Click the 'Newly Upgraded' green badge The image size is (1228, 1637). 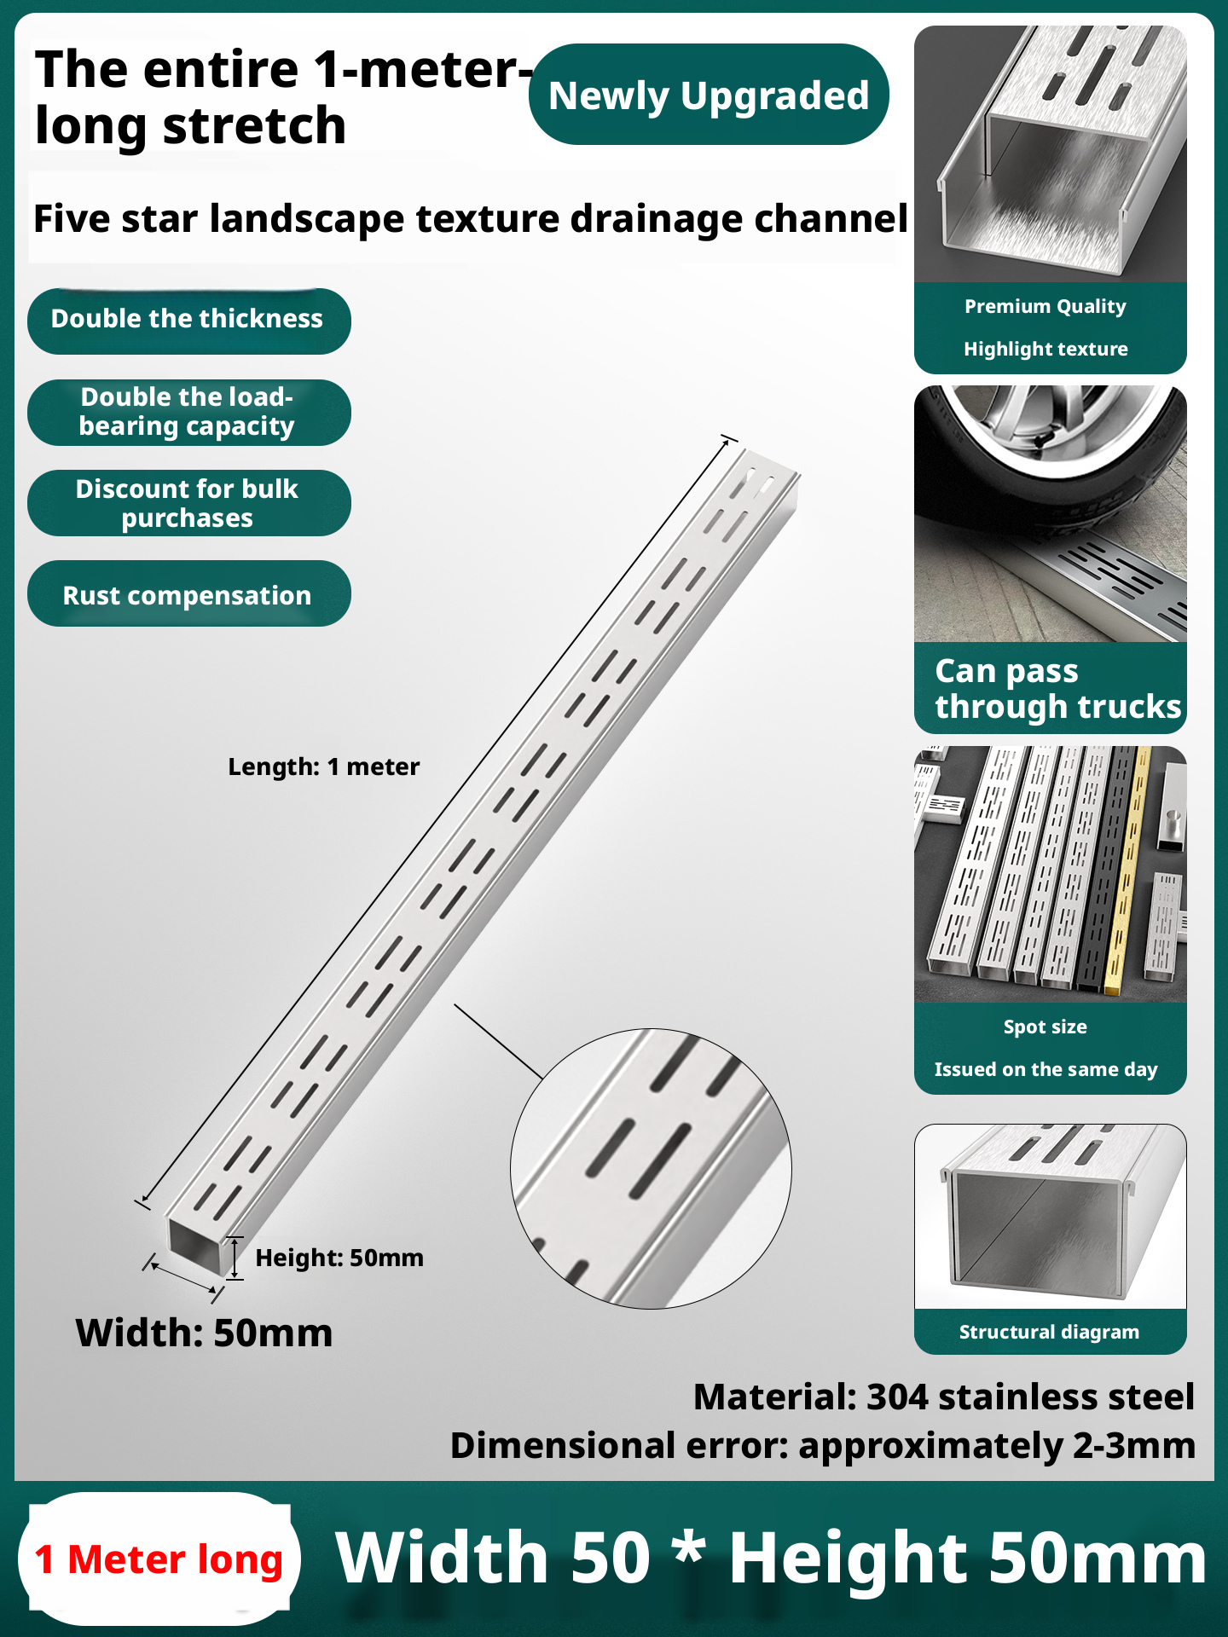(709, 95)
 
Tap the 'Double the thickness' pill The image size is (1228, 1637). (188, 321)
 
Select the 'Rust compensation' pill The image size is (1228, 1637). (188, 593)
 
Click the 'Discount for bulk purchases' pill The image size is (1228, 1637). (188, 503)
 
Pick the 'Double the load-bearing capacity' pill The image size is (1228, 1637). (188, 412)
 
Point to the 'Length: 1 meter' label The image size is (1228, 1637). (323, 766)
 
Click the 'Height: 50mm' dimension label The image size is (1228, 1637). (339, 1258)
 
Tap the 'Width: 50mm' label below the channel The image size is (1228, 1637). (204, 1333)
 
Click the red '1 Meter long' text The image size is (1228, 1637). (159, 1560)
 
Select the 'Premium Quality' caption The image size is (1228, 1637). (1046, 306)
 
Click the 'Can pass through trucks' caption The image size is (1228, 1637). (1057, 689)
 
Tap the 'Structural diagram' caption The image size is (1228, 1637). (1049, 1332)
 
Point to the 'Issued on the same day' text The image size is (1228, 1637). (1046, 1069)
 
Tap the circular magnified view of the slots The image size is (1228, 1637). (651, 1168)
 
